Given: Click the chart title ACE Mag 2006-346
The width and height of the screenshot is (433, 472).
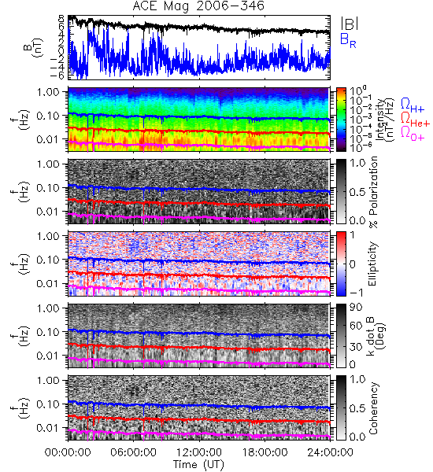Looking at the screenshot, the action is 198,6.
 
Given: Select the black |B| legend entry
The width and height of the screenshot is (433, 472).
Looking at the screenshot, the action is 350,23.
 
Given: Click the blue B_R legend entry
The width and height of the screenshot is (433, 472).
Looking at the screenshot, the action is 348,40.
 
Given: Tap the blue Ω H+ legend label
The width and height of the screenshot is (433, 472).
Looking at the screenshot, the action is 413,105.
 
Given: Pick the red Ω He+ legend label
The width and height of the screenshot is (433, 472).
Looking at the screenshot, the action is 415,120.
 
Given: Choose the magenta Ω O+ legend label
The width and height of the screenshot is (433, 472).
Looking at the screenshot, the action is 413,134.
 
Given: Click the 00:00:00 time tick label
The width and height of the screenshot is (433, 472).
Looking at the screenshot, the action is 68,452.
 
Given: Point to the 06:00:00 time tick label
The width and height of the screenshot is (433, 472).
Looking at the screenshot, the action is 134,452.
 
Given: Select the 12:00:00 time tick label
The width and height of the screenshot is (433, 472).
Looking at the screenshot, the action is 199,452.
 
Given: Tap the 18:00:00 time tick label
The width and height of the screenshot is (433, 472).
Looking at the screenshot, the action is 265,452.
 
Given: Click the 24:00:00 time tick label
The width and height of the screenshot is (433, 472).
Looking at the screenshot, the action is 330,452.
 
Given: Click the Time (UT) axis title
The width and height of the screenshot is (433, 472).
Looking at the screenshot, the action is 199,464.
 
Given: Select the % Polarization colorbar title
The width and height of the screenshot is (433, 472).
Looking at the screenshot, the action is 374,192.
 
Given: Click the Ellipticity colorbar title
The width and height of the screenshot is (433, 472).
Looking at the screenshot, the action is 372,264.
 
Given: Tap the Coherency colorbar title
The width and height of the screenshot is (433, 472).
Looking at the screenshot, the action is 373,408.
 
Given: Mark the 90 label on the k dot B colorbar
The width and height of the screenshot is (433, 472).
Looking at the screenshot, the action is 356,308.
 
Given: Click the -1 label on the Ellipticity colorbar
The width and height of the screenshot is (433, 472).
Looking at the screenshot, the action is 356,292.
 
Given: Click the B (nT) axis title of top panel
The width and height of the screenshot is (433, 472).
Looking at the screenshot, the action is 34,47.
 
